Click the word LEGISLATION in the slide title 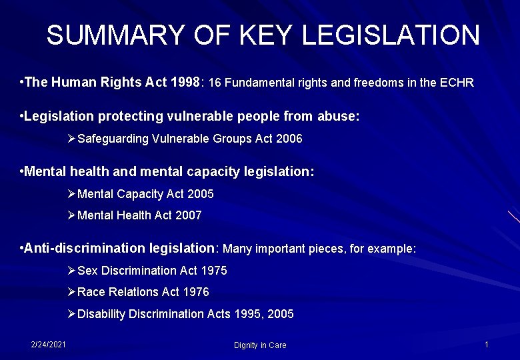pyautogui.click(x=391, y=35)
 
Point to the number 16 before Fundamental pyautogui.click(x=215, y=83)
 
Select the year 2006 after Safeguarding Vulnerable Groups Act pyautogui.click(x=289, y=139)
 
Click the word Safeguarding pyautogui.click(x=113, y=139)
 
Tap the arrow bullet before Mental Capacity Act pyautogui.click(x=72, y=194)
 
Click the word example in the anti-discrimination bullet pyautogui.click(x=393, y=249)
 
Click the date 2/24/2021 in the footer pyautogui.click(x=48, y=344)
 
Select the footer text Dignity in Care pyautogui.click(x=260, y=345)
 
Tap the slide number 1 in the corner pyautogui.click(x=487, y=345)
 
